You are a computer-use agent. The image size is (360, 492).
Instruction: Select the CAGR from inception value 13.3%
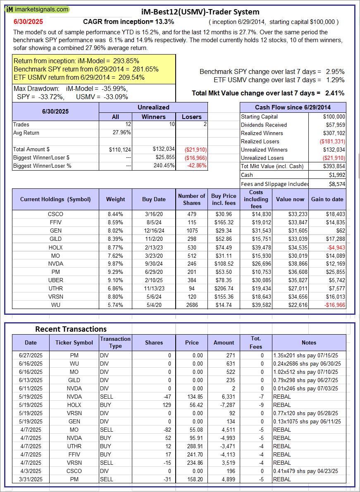coord(165,21)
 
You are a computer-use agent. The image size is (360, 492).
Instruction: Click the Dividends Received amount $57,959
coord(334,125)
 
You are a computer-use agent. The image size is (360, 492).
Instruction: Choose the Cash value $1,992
coord(336,174)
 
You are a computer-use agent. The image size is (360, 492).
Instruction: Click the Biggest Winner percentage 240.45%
coord(164,166)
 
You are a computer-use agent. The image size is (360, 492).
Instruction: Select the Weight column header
coord(115,199)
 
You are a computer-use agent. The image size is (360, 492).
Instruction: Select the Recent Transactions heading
coord(71,329)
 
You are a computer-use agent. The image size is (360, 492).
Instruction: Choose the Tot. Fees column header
coord(256,342)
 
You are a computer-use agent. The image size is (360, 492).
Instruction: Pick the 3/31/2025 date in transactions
coord(31,479)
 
